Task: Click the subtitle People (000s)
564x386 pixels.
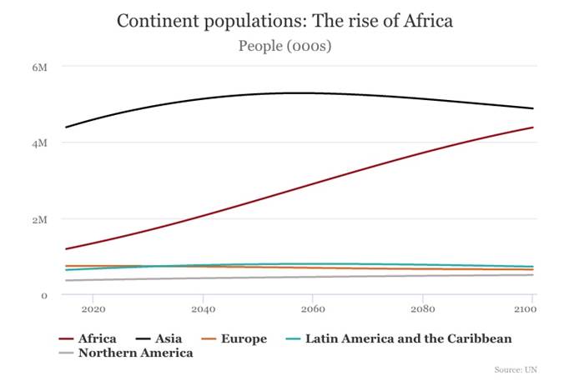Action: pyautogui.click(x=285, y=46)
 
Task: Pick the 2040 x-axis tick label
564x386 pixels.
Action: pyautogui.click(x=202, y=308)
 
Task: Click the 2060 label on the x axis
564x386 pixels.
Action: pyautogui.click(x=312, y=308)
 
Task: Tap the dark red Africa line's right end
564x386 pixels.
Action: pyautogui.click(x=532, y=128)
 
